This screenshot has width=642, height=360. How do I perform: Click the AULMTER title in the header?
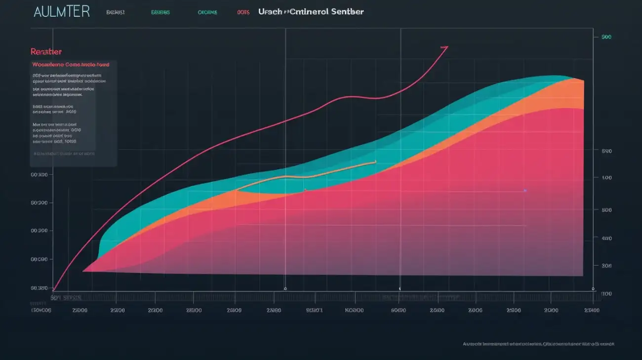pyautogui.click(x=61, y=12)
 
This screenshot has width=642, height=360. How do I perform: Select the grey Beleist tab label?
pyautogui.click(x=115, y=12)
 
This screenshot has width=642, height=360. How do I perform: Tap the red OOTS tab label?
pyautogui.click(x=243, y=12)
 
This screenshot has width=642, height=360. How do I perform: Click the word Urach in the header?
pyautogui.click(x=270, y=11)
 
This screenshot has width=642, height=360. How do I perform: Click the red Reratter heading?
pyautogui.click(x=46, y=51)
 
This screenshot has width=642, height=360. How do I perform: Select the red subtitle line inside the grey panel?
pyautogui.click(x=71, y=64)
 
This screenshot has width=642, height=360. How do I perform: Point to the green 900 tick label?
pyautogui.click(x=606, y=37)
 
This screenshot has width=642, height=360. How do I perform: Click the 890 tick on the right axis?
pyautogui.click(x=606, y=152)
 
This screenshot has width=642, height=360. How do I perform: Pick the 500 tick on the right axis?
pyautogui.click(x=606, y=178)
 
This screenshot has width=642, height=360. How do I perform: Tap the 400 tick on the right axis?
pyautogui.click(x=606, y=238)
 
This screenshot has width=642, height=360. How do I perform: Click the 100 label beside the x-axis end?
pyautogui.click(x=606, y=294)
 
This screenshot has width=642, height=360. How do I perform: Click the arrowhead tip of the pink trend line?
pyautogui.click(x=446, y=47)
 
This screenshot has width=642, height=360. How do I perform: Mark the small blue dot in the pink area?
pyautogui.click(x=525, y=190)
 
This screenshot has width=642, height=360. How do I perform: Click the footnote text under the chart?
pyautogui.click(x=538, y=344)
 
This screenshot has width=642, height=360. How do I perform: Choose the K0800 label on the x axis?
pyautogui.click(x=354, y=311)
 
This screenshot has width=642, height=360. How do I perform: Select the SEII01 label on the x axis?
pyautogui.click(x=314, y=311)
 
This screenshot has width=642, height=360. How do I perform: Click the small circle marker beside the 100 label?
pyautogui.click(x=593, y=288)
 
